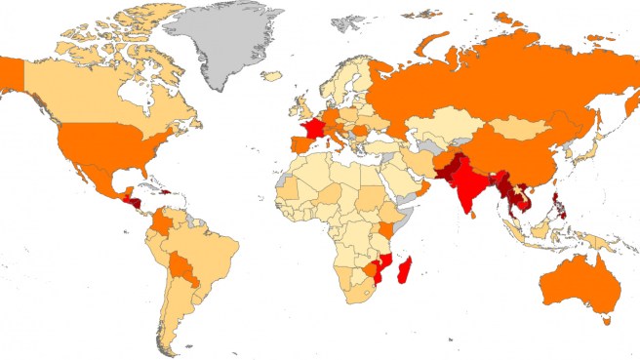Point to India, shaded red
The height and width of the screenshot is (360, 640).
coord(471,190)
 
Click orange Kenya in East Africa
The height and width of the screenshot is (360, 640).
coord(387,229)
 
